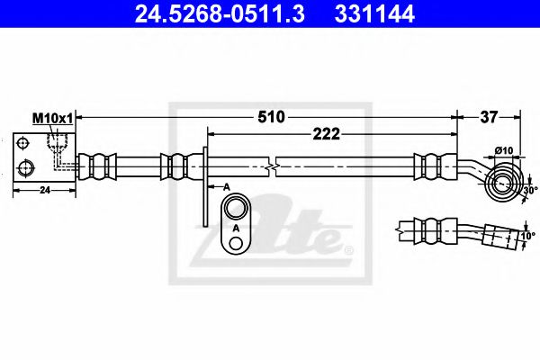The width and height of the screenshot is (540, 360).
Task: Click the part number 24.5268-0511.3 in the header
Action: click(x=210, y=14)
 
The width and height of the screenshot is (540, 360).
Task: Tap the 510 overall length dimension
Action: click(x=271, y=116)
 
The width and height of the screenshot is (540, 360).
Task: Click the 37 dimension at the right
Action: click(x=490, y=116)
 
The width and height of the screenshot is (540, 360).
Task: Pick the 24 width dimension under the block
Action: click(x=45, y=190)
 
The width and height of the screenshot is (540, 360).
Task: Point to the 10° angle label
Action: click(x=528, y=236)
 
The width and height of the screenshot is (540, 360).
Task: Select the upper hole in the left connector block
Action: click(x=24, y=143)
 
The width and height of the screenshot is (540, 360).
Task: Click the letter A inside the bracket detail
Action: click(x=236, y=229)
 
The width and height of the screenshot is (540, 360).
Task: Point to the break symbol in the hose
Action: click(x=272, y=166)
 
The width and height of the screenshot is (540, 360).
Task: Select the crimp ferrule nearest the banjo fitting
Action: click(x=428, y=166)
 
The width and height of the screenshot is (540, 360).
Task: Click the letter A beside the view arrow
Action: click(x=227, y=185)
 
